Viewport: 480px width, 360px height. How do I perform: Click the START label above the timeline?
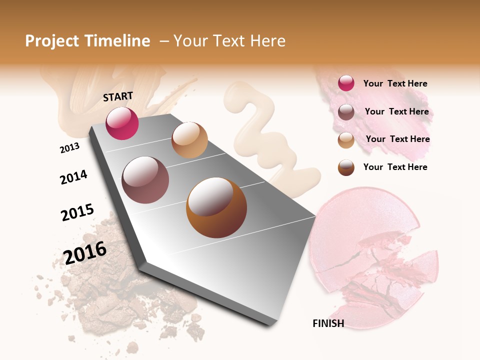tap(118, 96)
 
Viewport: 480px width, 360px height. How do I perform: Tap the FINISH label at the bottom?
tap(328, 323)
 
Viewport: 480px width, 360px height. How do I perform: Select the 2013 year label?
tap(69, 148)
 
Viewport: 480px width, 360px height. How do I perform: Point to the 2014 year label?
tap(73, 177)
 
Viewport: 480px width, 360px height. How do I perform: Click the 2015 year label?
tap(77, 212)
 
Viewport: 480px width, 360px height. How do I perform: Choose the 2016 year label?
tap(85, 252)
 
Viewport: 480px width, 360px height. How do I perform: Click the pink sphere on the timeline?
tap(122, 123)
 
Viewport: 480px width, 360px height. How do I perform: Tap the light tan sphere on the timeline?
tap(189, 140)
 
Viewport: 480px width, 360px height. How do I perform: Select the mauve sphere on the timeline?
tap(145, 180)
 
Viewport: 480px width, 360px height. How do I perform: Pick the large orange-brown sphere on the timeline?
tap(216, 207)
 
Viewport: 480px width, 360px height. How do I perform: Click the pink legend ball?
tap(346, 83)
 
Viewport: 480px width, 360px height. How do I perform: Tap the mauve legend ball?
tap(346, 112)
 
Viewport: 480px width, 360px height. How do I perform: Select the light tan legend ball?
tap(346, 140)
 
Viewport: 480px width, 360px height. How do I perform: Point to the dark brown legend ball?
tap(346, 167)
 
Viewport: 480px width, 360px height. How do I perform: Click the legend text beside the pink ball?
tap(395, 83)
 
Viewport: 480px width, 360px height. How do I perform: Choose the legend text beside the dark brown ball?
tap(395, 167)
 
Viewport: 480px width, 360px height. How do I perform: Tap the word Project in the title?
tap(52, 41)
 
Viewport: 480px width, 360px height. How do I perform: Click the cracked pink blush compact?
tap(370, 255)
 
